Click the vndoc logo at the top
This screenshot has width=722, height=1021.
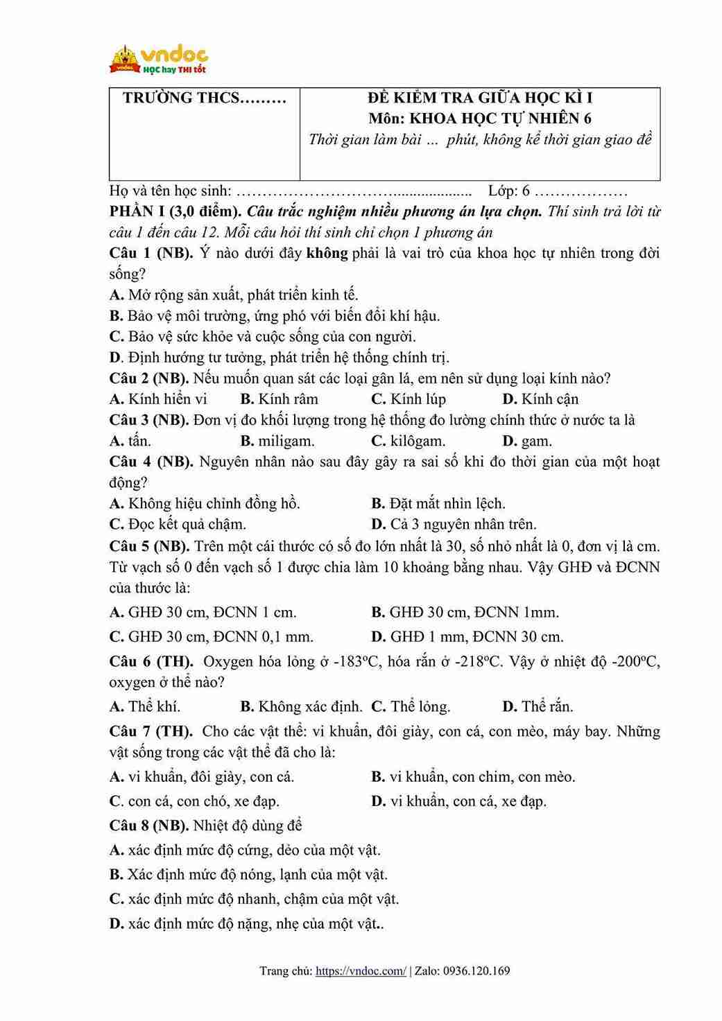[159, 60]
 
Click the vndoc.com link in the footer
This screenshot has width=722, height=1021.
[361, 971]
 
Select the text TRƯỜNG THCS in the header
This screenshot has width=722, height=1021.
[204, 98]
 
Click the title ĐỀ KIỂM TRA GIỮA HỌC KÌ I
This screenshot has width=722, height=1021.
[479, 98]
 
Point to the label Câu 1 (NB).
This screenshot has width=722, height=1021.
[151, 253]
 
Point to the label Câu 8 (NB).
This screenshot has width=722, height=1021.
[148, 826]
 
